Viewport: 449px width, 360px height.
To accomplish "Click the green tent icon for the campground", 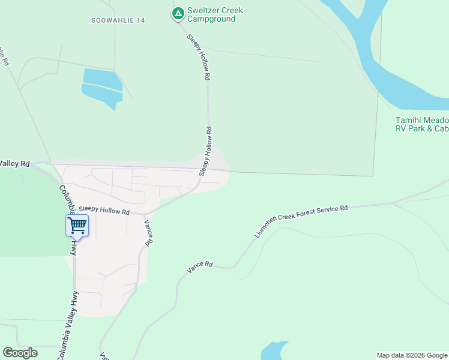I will point(178,13).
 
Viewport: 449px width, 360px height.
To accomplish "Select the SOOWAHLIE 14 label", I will point(118,20).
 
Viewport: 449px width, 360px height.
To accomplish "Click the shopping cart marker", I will point(77,226).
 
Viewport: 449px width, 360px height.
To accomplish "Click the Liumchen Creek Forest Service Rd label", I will point(301,221).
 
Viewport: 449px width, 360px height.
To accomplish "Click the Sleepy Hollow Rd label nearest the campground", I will point(198,58).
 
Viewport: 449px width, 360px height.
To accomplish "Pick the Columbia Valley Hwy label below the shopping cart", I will point(68,324).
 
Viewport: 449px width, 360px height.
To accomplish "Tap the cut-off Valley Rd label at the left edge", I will point(14,163).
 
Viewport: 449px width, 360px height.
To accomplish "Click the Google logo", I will point(20,352).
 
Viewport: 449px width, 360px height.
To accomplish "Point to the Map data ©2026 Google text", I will point(412,355).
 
